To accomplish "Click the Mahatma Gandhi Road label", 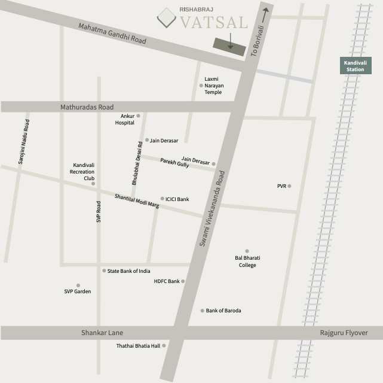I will pyautogui.click(x=112, y=33).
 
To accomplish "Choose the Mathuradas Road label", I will pyautogui.click(x=87, y=107).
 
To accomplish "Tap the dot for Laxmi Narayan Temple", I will pyautogui.click(x=201, y=86).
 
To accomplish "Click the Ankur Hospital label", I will pyautogui.click(x=125, y=119).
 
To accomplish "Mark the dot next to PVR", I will pyautogui.click(x=289, y=186).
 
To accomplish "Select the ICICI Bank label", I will pyautogui.click(x=177, y=199).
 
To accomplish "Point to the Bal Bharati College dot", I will pyautogui.click(x=247, y=251).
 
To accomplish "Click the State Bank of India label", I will pyautogui.click(x=128, y=271).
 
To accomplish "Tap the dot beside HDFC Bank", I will pyautogui.click(x=183, y=281).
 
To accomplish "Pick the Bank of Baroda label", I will pyautogui.click(x=223, y=311).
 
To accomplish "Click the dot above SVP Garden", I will pyautogui.click(x=78, y=285).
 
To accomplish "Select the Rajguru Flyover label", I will pyautogui.click(x=344, y=333).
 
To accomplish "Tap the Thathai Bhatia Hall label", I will pyautogui.click(x=139, y=346).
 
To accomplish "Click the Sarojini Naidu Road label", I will pyautogui.click(x=23, y=141).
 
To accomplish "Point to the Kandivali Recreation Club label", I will pyautogui.click(x=84, y=172).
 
